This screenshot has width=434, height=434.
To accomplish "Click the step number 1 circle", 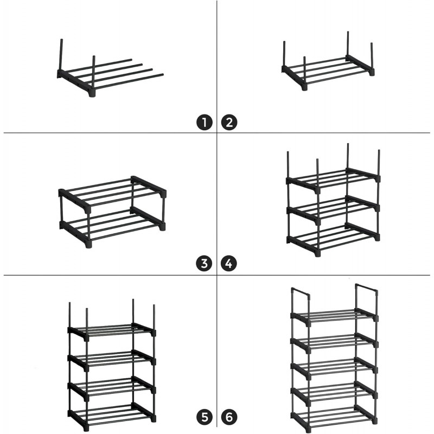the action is (205, 123).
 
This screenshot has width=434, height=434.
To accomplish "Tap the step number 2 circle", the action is (229, 123).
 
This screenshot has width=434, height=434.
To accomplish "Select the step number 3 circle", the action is (205, 263).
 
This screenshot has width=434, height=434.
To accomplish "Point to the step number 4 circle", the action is (228, 263).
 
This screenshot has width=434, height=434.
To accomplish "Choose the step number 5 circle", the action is (205, 417).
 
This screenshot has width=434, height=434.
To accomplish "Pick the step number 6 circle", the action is (229, 417).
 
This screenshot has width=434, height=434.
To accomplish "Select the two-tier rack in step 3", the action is (112, 212).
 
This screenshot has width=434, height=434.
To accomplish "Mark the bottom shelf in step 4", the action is (333, 239).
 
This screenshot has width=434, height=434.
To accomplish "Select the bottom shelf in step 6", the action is (334, 416).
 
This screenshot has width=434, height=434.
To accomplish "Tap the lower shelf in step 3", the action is (112, 227).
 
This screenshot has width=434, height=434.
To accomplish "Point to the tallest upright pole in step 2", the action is (348, 44).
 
